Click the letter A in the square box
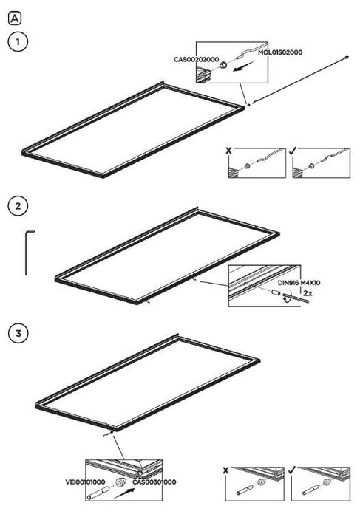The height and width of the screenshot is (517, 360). click(15, 18)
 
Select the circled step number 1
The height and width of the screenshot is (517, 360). click(18, 42)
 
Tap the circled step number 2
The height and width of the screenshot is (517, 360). click(18, 206)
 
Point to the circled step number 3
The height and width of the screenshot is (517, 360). click(18, 332)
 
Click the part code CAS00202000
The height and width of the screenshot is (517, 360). click(197, 59)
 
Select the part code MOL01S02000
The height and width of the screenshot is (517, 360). click(280, 52)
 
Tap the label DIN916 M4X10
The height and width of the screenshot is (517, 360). click(299, 283)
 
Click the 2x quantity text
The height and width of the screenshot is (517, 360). click(308, 292)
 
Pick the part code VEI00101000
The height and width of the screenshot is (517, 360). click(85, 482)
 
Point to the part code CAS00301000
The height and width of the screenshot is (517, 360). click(154, 482)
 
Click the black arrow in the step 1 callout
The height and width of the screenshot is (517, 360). click(244, 66)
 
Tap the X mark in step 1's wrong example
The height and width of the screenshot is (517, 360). click(228, 151)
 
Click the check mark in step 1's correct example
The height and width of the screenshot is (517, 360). click(293, 151)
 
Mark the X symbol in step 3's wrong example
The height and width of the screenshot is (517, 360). click(225, 470)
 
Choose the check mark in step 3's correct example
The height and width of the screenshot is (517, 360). click(291, 470)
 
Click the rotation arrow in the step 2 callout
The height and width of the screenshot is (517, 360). click(286, 295)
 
